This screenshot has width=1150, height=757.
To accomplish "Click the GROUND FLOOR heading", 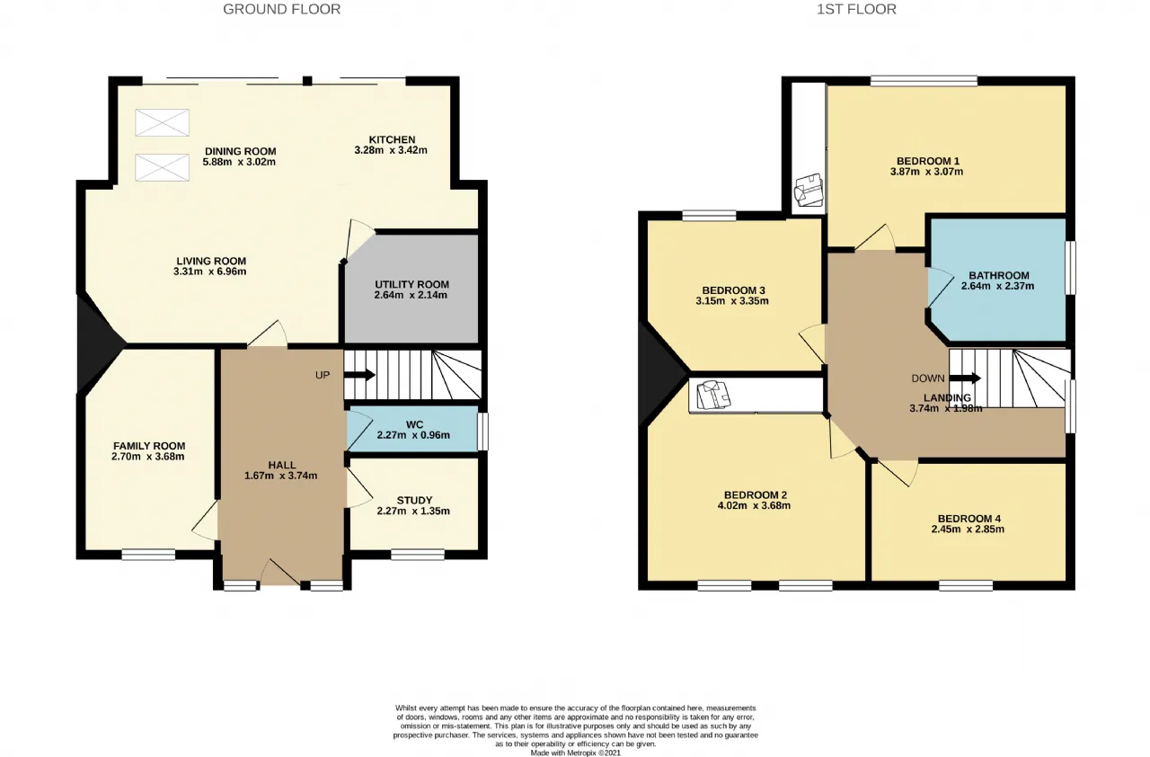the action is [281, 9].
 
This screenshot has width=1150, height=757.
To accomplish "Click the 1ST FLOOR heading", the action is [856, 9].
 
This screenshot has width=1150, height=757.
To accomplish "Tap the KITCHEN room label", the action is [392, 139].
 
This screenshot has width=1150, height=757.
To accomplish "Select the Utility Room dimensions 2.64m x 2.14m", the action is [411, 295].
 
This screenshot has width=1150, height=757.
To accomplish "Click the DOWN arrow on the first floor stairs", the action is [965, 378].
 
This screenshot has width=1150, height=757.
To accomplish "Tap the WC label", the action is [414, 424].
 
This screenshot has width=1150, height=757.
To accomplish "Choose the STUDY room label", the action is [414, 500].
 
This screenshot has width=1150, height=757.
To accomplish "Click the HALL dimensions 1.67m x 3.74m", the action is [281, 476].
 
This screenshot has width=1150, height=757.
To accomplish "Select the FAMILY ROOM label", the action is [149, 446].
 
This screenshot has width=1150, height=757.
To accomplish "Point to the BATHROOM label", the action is [998, 275].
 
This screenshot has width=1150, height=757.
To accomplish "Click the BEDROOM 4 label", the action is [969, 519].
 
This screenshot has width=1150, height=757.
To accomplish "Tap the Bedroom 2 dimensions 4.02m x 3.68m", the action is [754, 505].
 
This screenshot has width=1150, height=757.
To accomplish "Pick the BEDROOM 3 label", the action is [734, 290].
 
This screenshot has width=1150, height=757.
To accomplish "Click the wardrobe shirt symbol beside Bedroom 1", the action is [808, 190].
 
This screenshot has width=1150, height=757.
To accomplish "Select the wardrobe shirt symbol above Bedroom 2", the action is [713, 395].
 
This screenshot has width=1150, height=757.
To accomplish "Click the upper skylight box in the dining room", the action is [163, 123].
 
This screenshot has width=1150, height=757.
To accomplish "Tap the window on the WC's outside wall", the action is [482, 432].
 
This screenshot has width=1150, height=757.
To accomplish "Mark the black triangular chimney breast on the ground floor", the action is [100, 344].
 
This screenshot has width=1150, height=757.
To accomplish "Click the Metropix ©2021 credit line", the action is [576, 753].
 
